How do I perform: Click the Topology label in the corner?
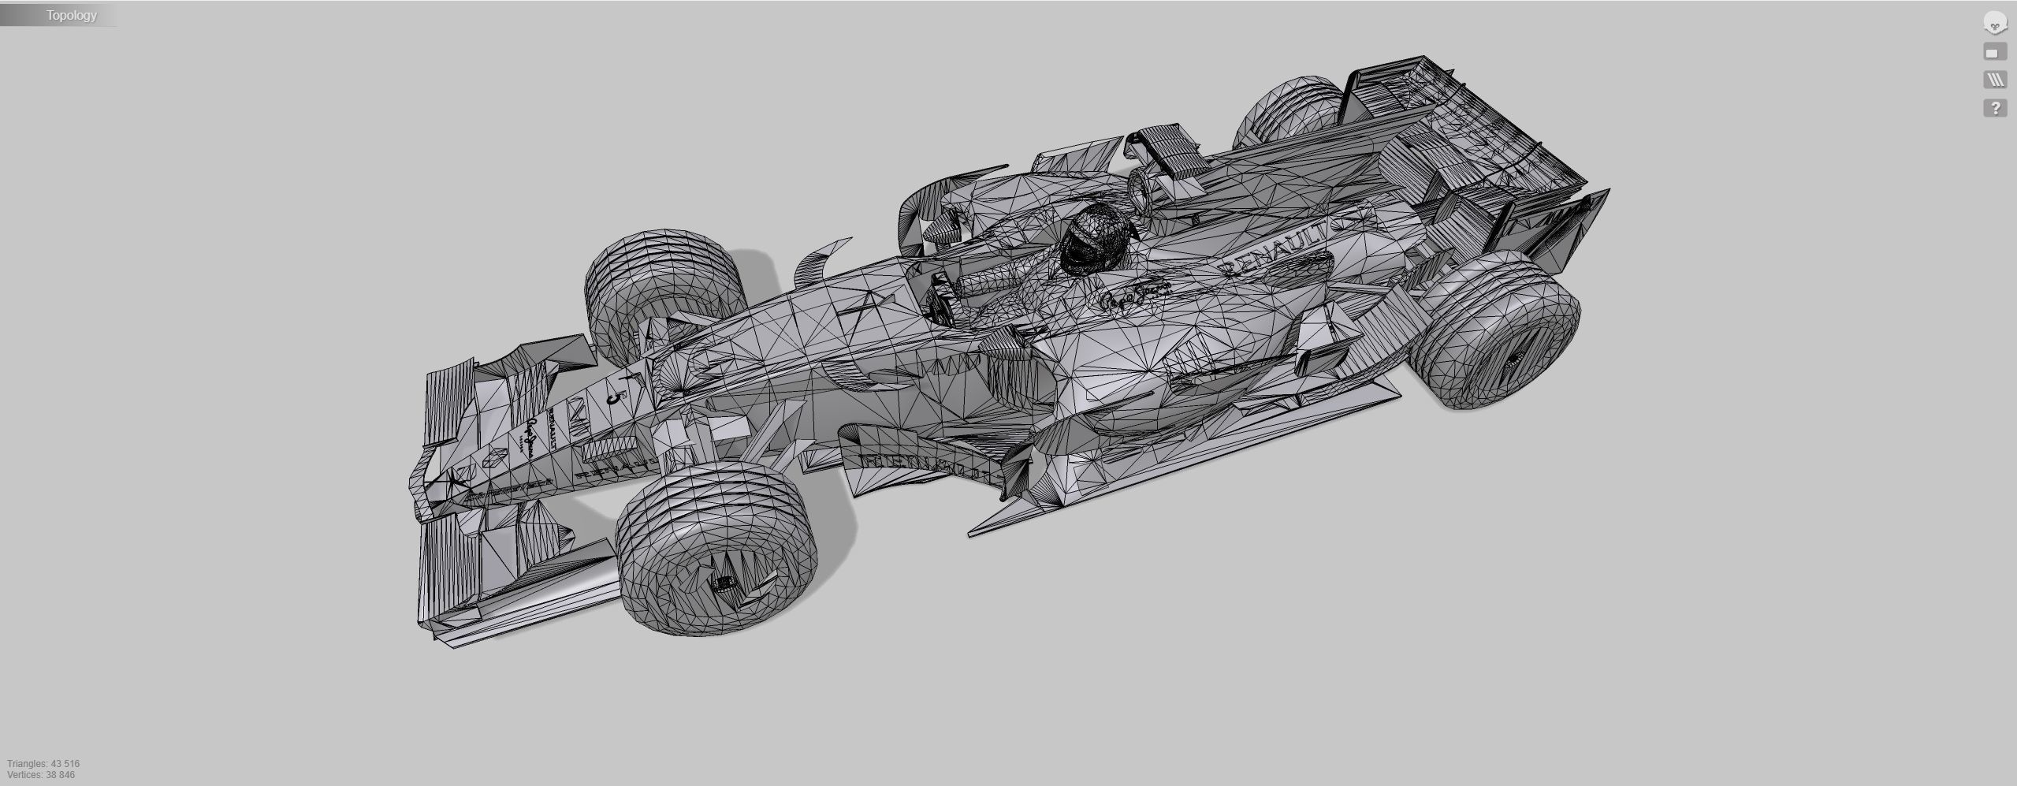[71, 15]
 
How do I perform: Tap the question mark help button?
[1994, 108]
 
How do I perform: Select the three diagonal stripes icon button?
[1994, 80]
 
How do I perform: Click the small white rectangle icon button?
[1994, 53]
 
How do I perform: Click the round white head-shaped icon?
[1994, 24]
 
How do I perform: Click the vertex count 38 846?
[60, 775]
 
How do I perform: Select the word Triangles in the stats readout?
[27, 764]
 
